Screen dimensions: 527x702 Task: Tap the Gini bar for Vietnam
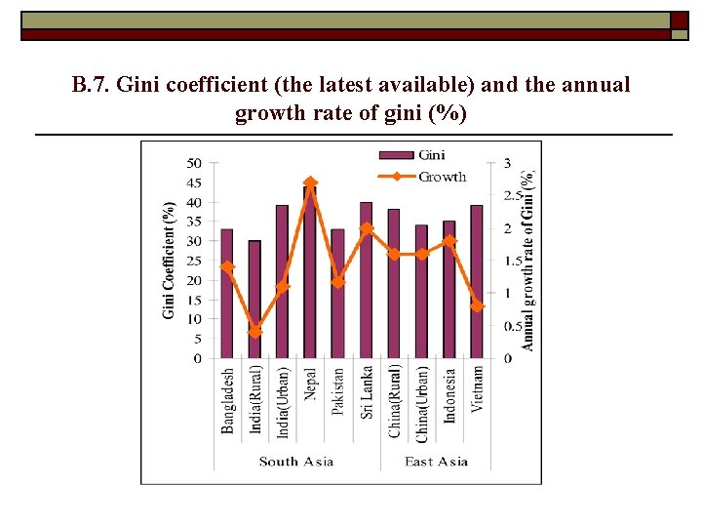tap(477, 283)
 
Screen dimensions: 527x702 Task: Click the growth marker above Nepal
tap(310, 182)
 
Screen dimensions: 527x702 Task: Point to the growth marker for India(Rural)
tap(254, 332)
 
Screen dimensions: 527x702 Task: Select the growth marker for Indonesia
tap(449, 240)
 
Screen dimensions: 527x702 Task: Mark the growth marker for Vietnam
tap(477, 305)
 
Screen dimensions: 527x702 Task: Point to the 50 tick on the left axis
tap(195, 163)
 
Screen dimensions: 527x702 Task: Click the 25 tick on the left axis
tap(195, 261)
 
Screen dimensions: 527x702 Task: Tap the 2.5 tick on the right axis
tap(511, 196)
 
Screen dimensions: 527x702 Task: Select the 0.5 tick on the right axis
tap(511, 326)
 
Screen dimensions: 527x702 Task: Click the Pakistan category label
tap(338, 391)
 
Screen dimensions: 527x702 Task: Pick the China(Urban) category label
tap(422, 400)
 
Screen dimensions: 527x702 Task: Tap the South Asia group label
tap(296, 462)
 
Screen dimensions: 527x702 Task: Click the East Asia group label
tap(436, 462)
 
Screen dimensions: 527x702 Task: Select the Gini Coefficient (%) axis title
tap(170, 260)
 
